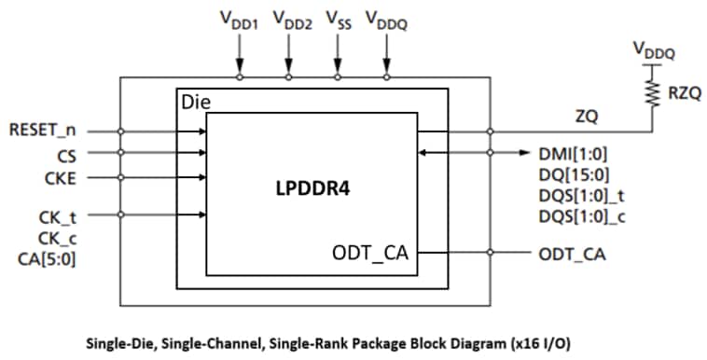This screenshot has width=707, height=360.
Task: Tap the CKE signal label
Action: click(62, 174)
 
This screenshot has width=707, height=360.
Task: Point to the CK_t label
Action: click(58, 217)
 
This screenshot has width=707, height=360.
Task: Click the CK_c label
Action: click(58, 238)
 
